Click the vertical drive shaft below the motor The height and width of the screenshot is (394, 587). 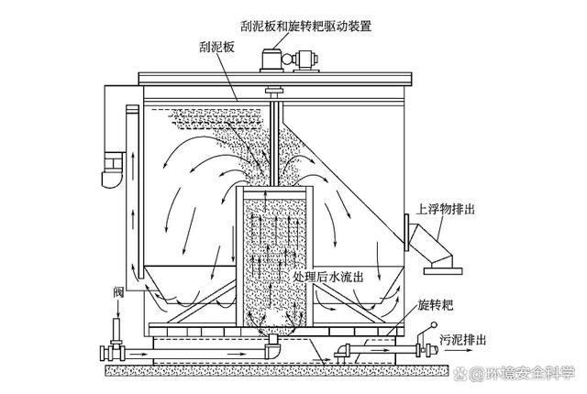click(273, 137)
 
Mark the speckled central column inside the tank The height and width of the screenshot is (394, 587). click(273, 257)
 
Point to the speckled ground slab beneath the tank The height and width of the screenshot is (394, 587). click(275, 370)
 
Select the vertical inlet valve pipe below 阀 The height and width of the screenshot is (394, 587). click(116, 329)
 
